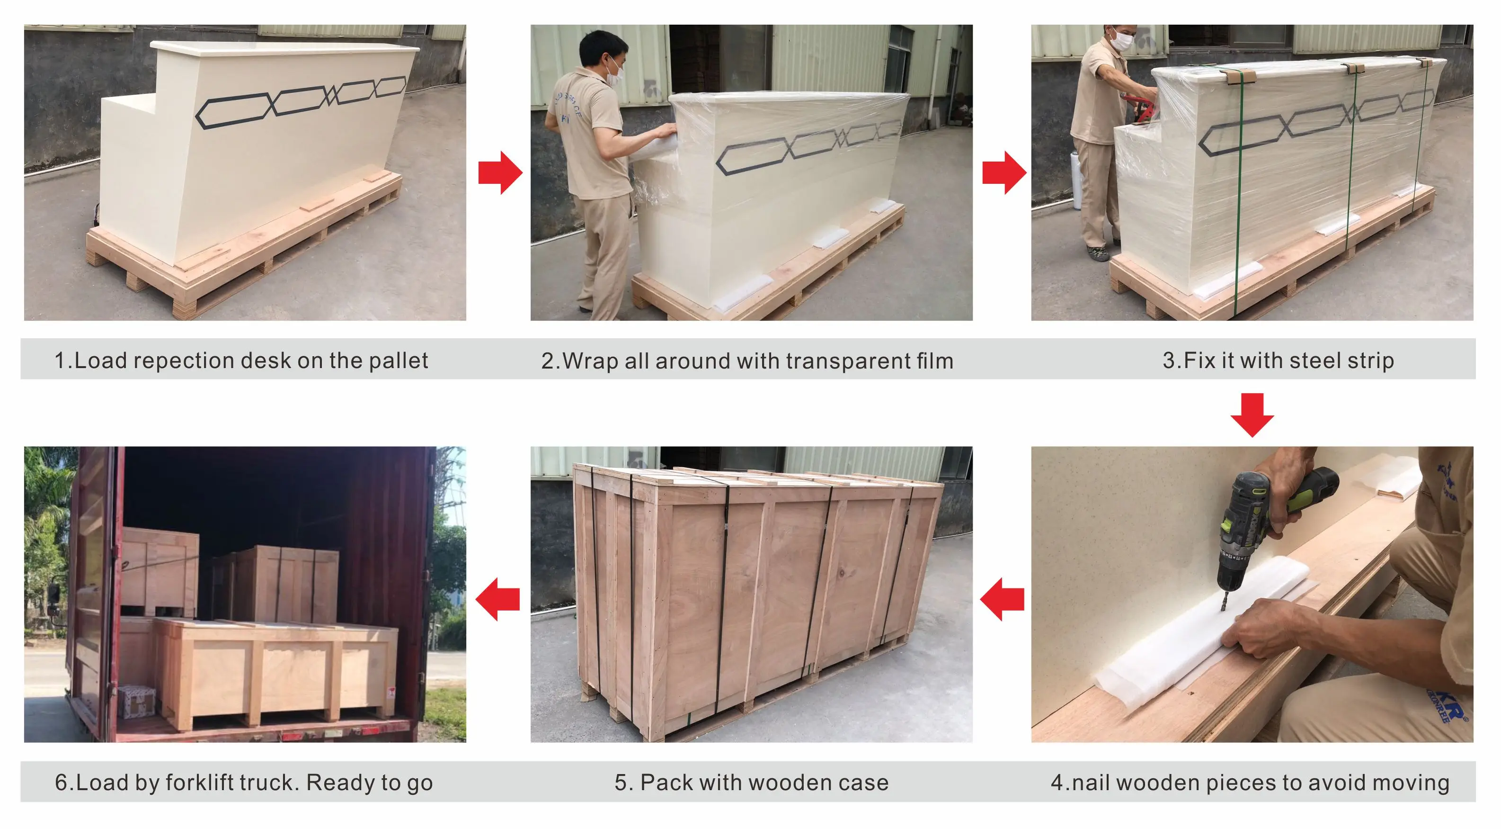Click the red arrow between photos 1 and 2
[500, 172]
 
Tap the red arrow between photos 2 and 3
[1004, 172]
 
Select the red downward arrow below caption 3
[1252, 415]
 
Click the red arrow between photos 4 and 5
[1002, 599]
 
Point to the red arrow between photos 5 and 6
[497, 599]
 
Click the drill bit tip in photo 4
[1223, 609]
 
